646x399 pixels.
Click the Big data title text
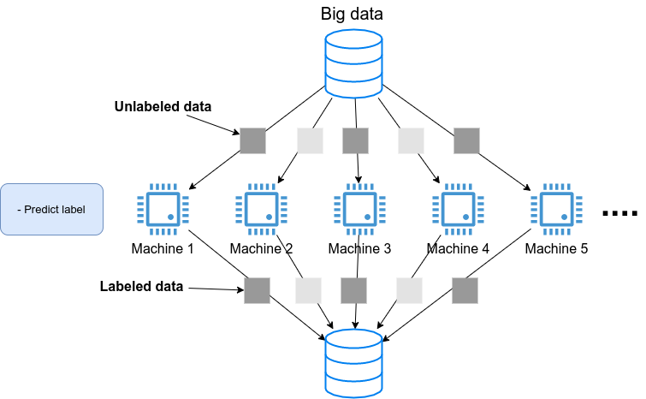tap(353, 14)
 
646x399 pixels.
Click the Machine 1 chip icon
tap(163, 209)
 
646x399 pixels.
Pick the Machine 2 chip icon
tap(260, 209)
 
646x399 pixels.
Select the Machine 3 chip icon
tap(359, 209)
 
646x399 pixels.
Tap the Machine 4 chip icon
tap(457, 209)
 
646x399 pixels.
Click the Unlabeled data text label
tap(163, 107)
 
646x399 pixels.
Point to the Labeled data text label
tap(142, 287)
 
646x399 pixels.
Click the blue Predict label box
tap(51, 209)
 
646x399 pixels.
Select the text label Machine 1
tap(163, 249)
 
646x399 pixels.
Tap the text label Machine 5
tap(556, 249)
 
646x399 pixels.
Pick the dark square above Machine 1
tap(252, 140)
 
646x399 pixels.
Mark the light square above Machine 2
tap(309, 140)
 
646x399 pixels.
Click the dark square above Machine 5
tap(466, 140)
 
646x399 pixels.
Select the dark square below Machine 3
tap(354, 290)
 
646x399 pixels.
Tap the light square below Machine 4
tap(410, 290)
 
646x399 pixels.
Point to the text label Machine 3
tap(359, 249)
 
